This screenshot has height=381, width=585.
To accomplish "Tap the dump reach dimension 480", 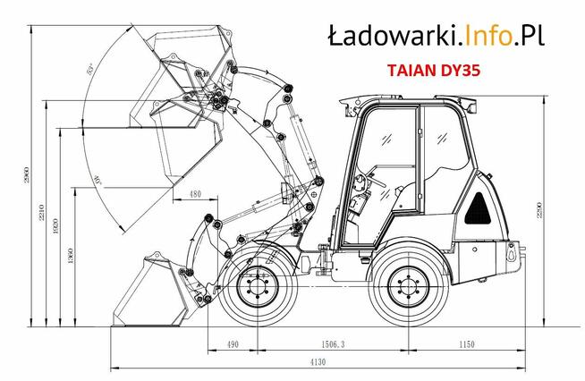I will point(196,193).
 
